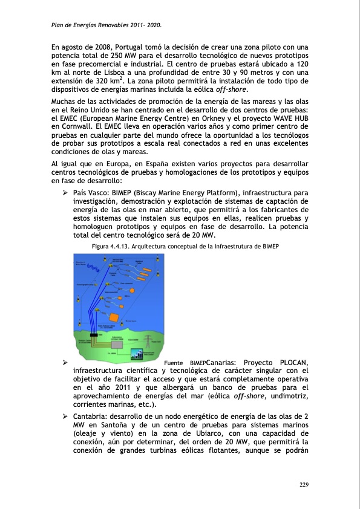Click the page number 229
click(x=304, y=484)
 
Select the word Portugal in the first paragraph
click(x=134, y=47)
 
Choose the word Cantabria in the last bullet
click(x=90, y=417)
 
